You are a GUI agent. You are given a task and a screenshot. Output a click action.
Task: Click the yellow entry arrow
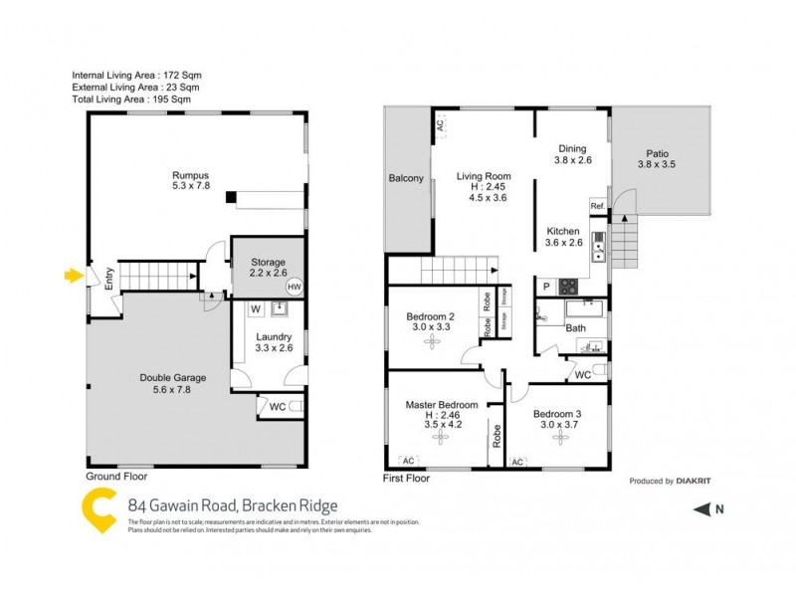(x=71, y=276)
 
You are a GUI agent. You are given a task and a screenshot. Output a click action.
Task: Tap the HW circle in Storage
(x=293, y=287)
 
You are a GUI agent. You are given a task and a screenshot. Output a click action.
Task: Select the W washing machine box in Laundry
(x=255, y=308)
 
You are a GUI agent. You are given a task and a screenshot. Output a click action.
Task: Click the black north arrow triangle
(x=701, y=510)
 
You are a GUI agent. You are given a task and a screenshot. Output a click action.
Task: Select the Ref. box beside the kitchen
(x=598, y=206)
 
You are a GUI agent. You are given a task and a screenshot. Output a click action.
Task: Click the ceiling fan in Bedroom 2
(x=431, y=342)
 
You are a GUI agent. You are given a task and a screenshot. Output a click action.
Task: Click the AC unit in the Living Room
(x=439, y=126)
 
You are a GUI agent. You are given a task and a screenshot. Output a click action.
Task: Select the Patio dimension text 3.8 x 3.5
(x=656, y=164)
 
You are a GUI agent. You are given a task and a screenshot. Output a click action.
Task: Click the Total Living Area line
(x=131, y=99)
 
